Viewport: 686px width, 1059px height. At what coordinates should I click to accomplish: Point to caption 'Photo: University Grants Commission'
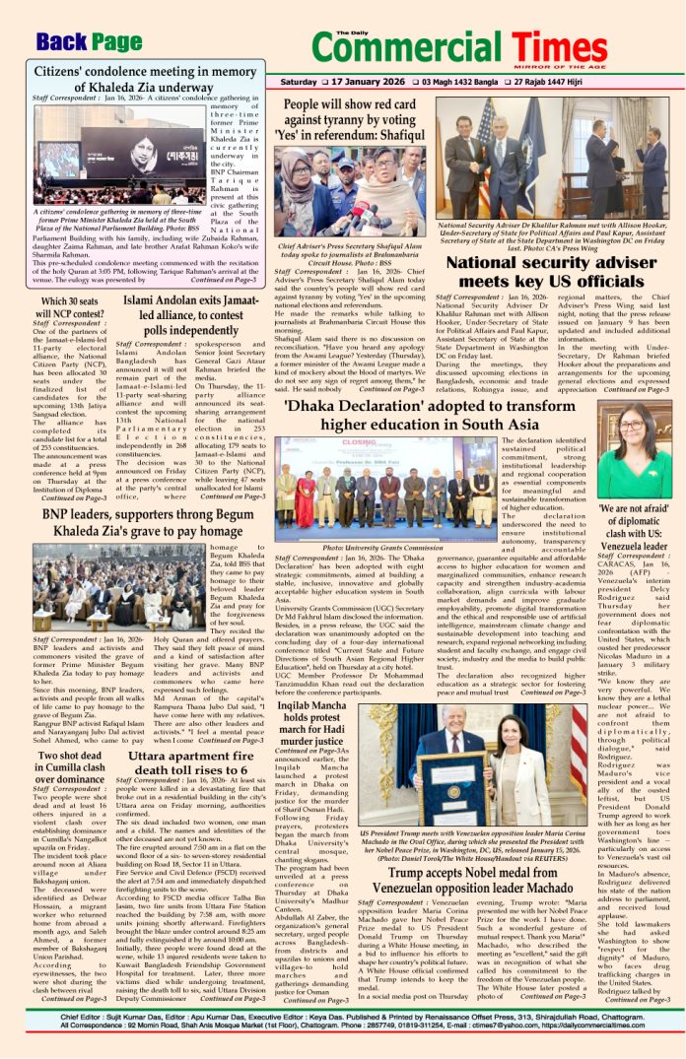tap(387, 547)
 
